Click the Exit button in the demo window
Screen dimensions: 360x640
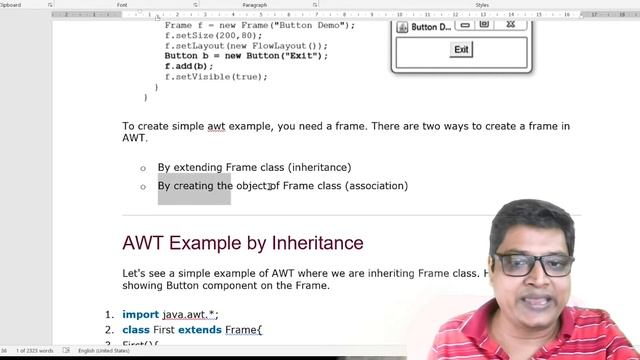[461, 50]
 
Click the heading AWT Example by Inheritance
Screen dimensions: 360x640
[243, 243]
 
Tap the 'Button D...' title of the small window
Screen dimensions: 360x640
[431, 27]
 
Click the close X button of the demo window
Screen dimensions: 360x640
[510, 25]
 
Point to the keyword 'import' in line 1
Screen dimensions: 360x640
[141, 314]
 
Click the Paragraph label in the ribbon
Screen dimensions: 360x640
[254, 5]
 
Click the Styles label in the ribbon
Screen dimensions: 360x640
[483, 5]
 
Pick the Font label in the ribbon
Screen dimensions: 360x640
[122, 5]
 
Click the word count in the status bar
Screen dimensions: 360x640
[37, 351]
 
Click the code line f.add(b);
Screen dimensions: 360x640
[189, 66]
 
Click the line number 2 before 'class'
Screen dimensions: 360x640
[110, 329]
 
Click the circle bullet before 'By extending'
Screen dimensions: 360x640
[143, 168]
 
